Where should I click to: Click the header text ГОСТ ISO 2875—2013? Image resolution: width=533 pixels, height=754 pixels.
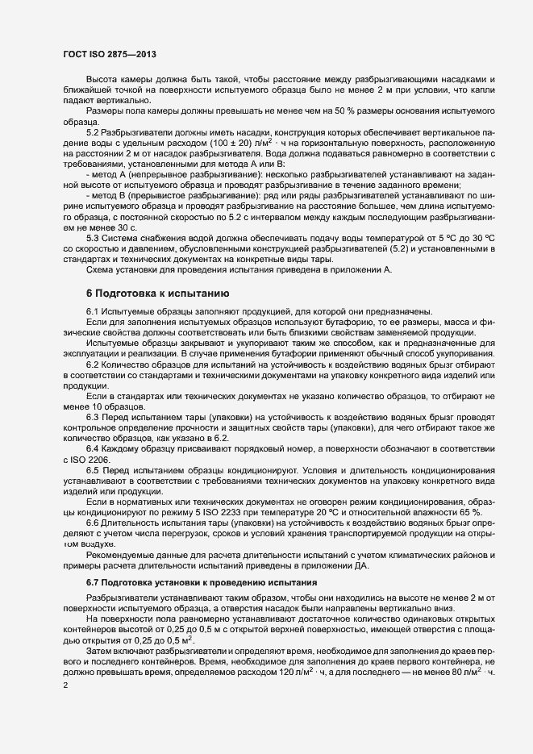[109, 54]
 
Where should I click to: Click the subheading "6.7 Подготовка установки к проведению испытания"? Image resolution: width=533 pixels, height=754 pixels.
[194, 582]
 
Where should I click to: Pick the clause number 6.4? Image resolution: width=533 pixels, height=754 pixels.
[93, 448]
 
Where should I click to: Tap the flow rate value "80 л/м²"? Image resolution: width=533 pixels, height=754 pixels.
[486, 671]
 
